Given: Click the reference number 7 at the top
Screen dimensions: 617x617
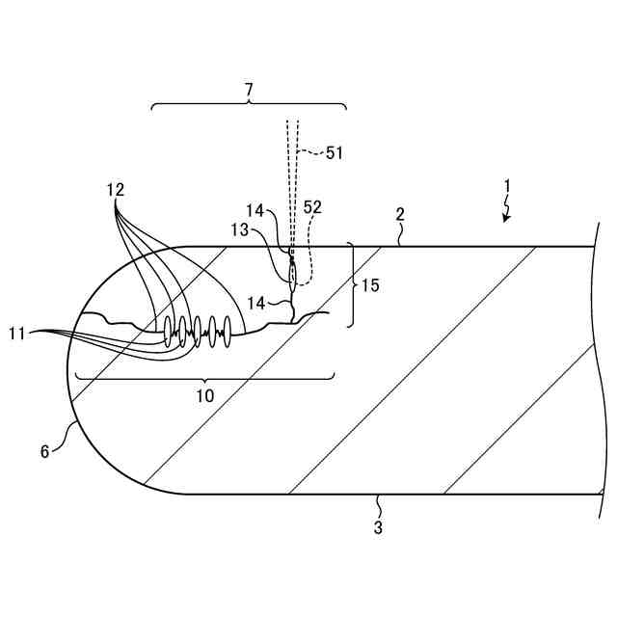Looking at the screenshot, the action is [249, 90].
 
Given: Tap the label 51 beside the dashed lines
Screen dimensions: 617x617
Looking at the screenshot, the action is [334, 151].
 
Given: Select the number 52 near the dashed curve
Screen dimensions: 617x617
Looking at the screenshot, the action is [312, 207].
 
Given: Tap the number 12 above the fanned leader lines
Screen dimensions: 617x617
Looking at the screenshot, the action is [116, 190].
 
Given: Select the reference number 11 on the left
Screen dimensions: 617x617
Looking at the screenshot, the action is [18, 333].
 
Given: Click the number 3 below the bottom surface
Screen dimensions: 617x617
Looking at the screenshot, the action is [378, 527].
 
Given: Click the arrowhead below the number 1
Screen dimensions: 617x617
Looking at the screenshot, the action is [504, 220].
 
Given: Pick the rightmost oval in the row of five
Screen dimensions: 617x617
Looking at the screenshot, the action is [228, 329].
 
